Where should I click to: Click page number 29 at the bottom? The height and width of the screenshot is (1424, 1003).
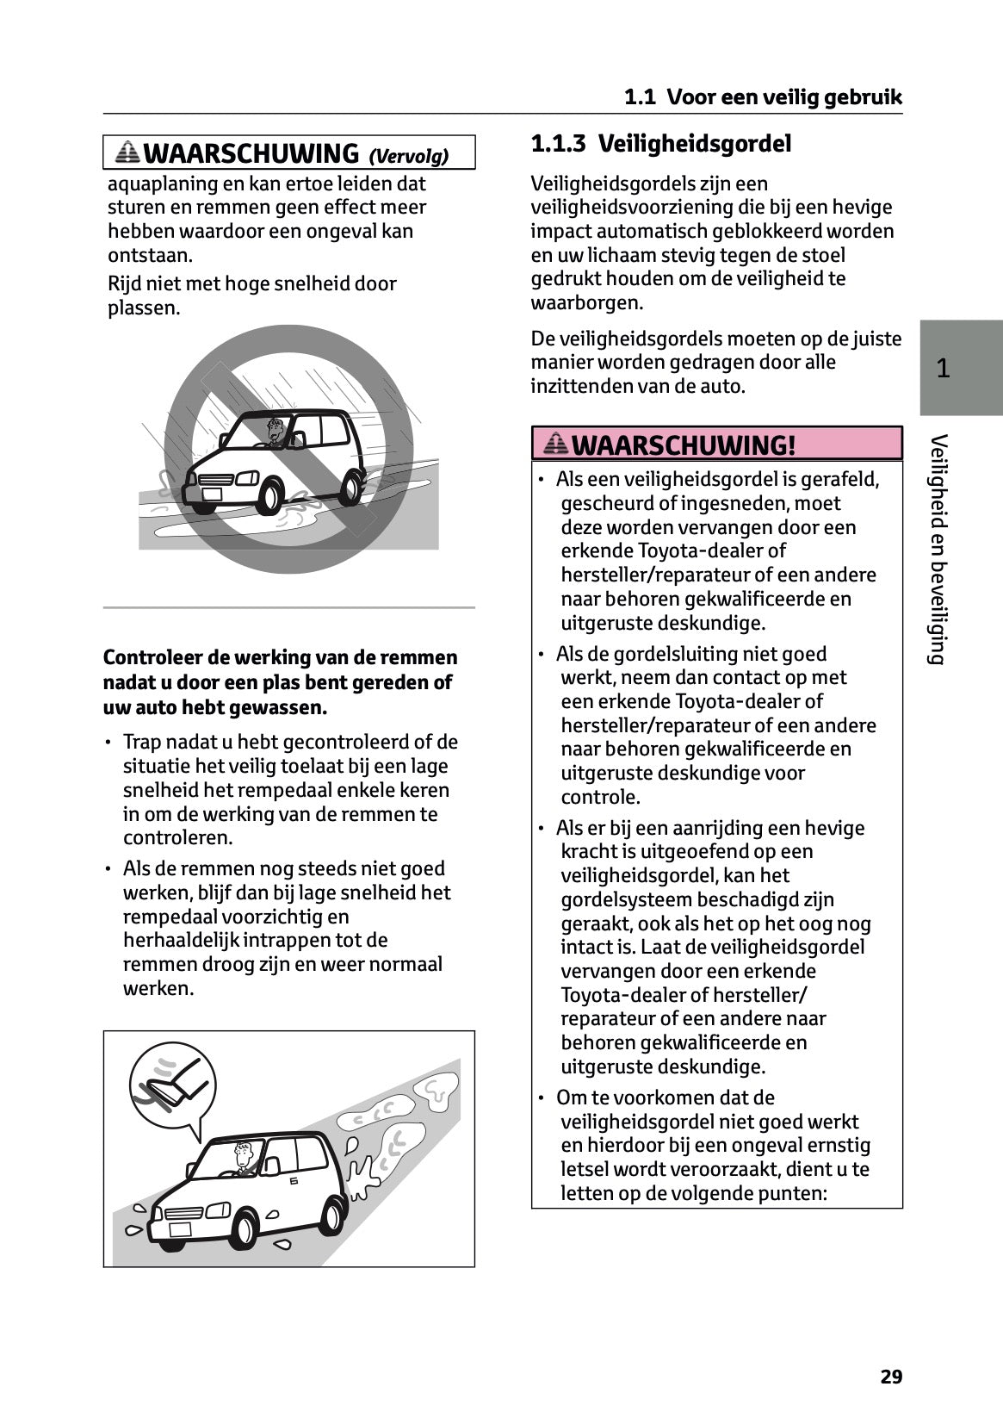tap(891, 1377)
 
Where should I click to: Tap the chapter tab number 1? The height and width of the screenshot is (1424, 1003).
tap(943, 369)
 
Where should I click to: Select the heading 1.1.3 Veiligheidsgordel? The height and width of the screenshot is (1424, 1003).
tap(660, 143)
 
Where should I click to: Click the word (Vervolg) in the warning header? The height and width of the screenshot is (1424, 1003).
tap(409, 156)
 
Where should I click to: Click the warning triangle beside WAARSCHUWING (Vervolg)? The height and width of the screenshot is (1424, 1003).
tap(128, 153)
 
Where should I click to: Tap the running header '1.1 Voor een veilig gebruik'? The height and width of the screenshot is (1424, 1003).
tap(763, 97)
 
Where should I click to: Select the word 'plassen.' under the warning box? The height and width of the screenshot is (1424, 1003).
tap(144, 308)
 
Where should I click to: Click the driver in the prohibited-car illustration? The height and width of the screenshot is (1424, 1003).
tap(276, 432)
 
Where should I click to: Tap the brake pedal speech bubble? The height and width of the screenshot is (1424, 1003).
tap(171, 1081)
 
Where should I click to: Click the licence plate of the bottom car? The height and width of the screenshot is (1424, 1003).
tap(180, 1228)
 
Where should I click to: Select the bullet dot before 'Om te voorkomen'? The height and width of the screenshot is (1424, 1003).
tap(542, 1098)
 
